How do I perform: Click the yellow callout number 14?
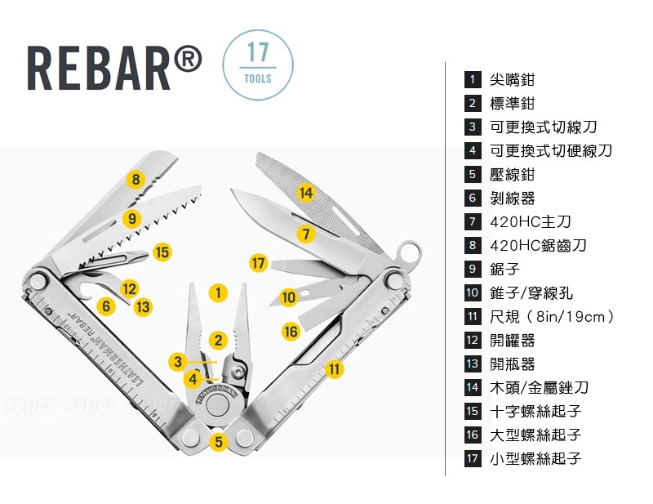pyautogui.click(x=305, y=193)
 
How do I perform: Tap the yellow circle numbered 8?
pyautogui.click(x=135, y=180)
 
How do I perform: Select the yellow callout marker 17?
pyautogui.click(x=258, y=263)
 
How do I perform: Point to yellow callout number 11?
pyautogui.click(x=335, y=369)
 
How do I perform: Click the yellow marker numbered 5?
pyautogui.click(x=219, y=441)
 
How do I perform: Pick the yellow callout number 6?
pyautogui.click(x=106, y=306)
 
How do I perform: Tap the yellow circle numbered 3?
pyautogui.click(x=178, y=361)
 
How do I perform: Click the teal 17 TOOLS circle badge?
pyautogui.click(x=258, y=65)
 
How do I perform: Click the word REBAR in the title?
pyautogui.click(x=99, y=69)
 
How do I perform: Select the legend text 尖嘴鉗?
pyautogui.click(x=512, y=79)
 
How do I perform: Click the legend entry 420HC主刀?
pyautogui.click(x=530, y=221)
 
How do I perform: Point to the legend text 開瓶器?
pyautogui.click(x=512, y=364)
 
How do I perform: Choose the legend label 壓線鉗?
pyautogui.click(x=512, y=174)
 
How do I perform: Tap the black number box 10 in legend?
pyautogui.click(x=473, y=292)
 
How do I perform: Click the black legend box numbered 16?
pyautogui.click(x=473, y=435)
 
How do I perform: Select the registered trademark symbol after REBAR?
pyautogui.click(x=188, y=60)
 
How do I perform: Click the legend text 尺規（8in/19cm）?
pyautogui.click(x=552, y=316)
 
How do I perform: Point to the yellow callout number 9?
pyautogui.click(x=132, y=218)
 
